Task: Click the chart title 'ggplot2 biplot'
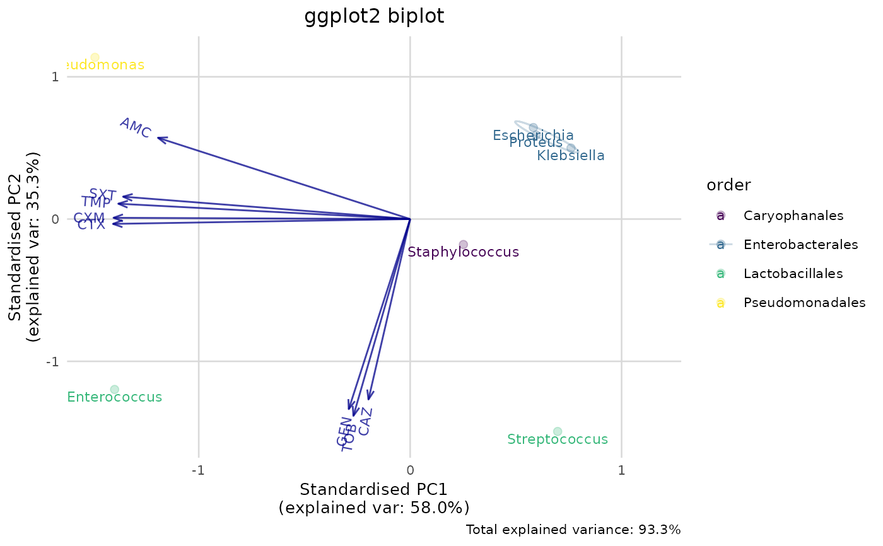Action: (374, 16)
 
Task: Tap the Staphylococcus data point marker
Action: (463, 245)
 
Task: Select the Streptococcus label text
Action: (558, 439)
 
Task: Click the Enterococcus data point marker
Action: (114, 390)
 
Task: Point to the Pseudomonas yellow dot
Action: (95, 57)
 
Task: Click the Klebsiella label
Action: (571, 156)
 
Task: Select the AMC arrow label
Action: (135, 128)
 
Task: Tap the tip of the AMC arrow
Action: (158, 137)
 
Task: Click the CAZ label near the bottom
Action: (365, 421)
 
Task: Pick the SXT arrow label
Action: (102, 194)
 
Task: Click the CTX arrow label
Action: (91, 225)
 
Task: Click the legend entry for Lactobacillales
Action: (793, 274)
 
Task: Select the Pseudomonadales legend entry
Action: (804, 303)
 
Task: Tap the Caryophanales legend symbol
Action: (720, 216)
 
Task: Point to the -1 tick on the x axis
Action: (199, 471)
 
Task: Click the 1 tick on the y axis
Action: (55, 77)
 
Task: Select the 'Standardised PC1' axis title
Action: (373, 490)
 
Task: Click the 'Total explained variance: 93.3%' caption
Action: (573, 530)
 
